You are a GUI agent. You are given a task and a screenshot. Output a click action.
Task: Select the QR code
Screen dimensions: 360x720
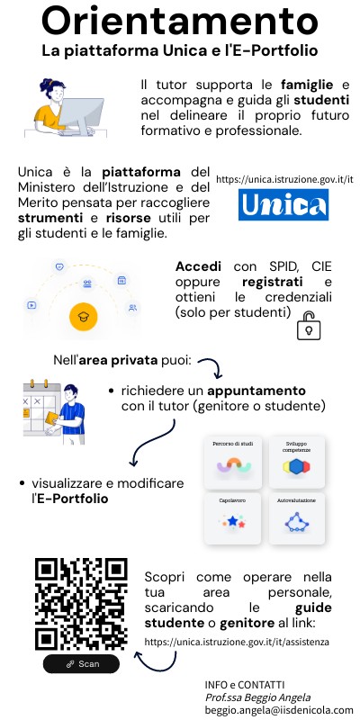(82, 604)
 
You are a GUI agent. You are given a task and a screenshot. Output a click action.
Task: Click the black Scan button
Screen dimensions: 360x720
(82, 663)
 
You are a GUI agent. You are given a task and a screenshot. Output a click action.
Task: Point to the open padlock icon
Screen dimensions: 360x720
(309, 328)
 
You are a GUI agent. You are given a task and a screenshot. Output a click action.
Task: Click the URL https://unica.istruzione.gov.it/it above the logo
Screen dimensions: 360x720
(284, 179)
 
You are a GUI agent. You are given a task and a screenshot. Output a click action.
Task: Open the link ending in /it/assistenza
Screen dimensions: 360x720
(237, 643)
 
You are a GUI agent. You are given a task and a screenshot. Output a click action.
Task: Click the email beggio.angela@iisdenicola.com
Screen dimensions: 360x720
(280, 710)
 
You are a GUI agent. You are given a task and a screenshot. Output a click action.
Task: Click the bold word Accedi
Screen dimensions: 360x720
(197, 268)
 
